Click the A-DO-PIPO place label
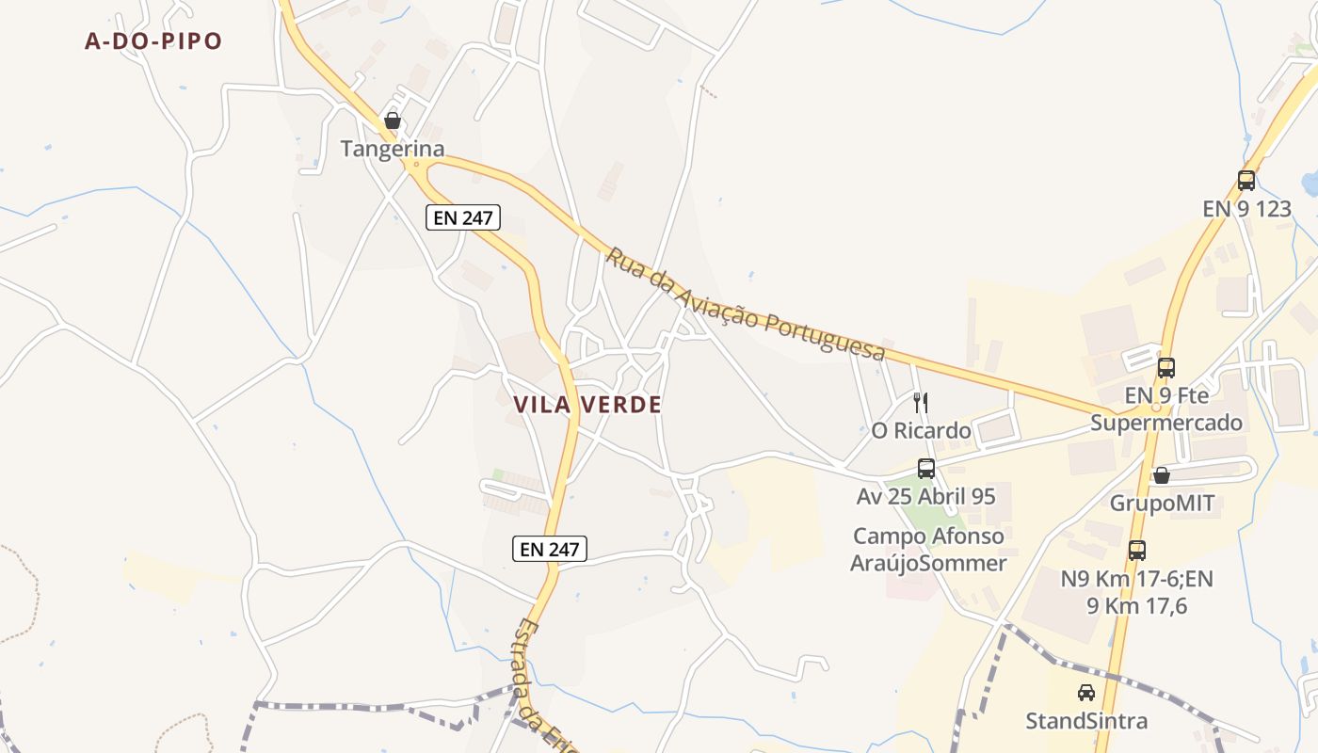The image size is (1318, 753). pos(153,41)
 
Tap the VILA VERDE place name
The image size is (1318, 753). pos(587,405)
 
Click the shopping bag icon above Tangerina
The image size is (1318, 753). pos(393,121)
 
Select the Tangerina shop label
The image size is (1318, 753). pos(393,149)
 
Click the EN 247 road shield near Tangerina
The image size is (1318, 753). pos(462,217)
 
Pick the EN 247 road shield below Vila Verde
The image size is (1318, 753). pos(550,549)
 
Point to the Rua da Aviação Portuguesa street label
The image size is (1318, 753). pos(746,303)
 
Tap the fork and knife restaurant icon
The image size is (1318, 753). pos(921,403)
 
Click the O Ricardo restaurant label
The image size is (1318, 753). pos(921,431)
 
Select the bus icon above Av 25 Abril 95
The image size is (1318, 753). pos(926,469)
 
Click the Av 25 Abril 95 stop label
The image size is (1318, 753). pos(926,496)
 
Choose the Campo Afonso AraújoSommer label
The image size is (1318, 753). pos(928,550)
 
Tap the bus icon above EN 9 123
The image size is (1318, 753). pos(1246,181)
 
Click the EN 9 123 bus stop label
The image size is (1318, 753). pos(1246,208)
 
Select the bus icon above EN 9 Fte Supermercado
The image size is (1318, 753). pos(1166,368)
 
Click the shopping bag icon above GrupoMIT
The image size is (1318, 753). pos(1162,475)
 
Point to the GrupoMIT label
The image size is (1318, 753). pos(1162,503)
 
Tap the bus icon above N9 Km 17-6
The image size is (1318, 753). pos(1137,551)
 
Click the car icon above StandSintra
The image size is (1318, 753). pos(1086,693)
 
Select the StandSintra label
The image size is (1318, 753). pos(1086,721)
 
